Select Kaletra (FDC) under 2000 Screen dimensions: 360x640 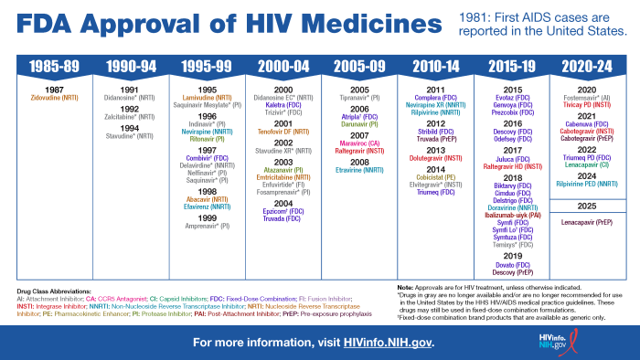click(283, 103)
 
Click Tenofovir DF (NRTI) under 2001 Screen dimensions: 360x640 click(283, 131)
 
